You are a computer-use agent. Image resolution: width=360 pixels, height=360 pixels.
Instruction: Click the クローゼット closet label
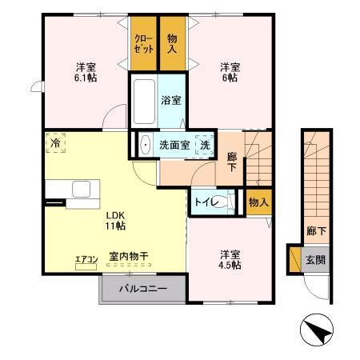[144, 42]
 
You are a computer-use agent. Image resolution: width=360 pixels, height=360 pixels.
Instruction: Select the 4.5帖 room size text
[230, 266]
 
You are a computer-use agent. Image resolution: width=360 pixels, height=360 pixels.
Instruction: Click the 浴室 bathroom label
[171, 102]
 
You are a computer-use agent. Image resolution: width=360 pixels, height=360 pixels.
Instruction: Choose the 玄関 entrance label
[315, 260]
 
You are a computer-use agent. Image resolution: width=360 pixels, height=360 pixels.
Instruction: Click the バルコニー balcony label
[144, 290]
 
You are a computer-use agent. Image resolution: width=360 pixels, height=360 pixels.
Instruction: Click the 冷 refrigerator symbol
[56, 142]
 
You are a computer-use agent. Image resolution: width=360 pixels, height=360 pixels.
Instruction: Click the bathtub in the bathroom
[144, 100]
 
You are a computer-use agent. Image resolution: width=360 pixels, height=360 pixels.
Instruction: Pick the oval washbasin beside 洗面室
[145, 146]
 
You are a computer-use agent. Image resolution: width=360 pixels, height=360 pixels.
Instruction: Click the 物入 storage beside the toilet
[258, 202]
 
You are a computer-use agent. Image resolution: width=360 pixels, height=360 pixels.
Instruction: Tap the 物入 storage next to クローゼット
[172, 42]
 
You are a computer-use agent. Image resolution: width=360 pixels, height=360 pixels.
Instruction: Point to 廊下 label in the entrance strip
[315, 230]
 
